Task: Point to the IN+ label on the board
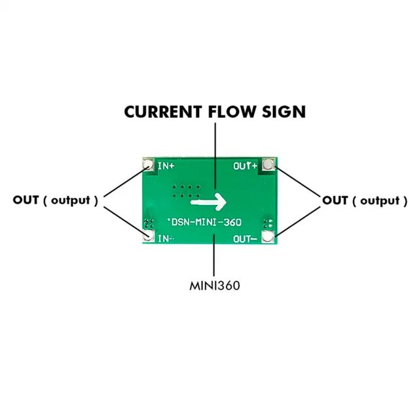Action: click(166, 166)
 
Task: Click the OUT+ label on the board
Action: click(246, 166)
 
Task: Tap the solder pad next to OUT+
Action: click(268, 165)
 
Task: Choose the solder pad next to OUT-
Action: click(268, 236)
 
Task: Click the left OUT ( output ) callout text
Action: click(56, 200)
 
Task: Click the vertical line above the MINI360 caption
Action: click(214, 259)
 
